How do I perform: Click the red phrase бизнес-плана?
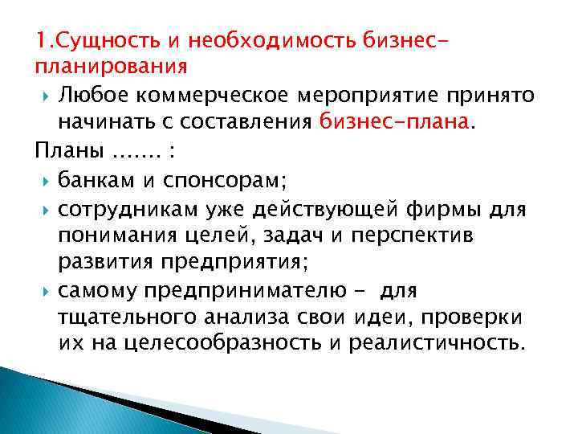[397, 123]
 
